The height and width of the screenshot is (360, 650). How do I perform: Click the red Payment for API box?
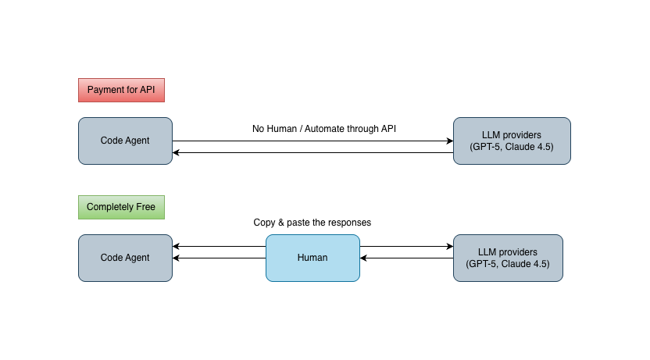(x=121, y=90)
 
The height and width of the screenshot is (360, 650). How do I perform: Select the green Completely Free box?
(x=121, y=207)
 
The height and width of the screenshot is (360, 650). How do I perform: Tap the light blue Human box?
(x=312, y=258)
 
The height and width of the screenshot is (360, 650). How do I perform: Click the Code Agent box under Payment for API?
(x=125, y=141)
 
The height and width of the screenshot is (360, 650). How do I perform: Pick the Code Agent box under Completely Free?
(x=125, y=258)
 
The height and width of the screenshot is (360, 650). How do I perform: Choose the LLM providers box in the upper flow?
(x=512, y=141)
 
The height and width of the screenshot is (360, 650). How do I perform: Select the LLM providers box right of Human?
(x=508, y=258)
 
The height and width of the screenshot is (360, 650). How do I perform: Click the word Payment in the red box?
(x=105, y=90)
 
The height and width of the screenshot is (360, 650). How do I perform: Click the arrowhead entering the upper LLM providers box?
(x=449, y=141)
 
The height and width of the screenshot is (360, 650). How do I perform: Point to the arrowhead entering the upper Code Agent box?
(x=177, y=153)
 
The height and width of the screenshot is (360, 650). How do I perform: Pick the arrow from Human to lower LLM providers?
(x=406, y=247)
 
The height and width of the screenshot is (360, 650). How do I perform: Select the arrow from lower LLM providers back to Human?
(x=406, y=258)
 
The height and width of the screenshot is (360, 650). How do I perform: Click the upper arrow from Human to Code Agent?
(x=219, y=247)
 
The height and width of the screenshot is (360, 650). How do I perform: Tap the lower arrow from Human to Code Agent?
(x=219, y=258)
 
